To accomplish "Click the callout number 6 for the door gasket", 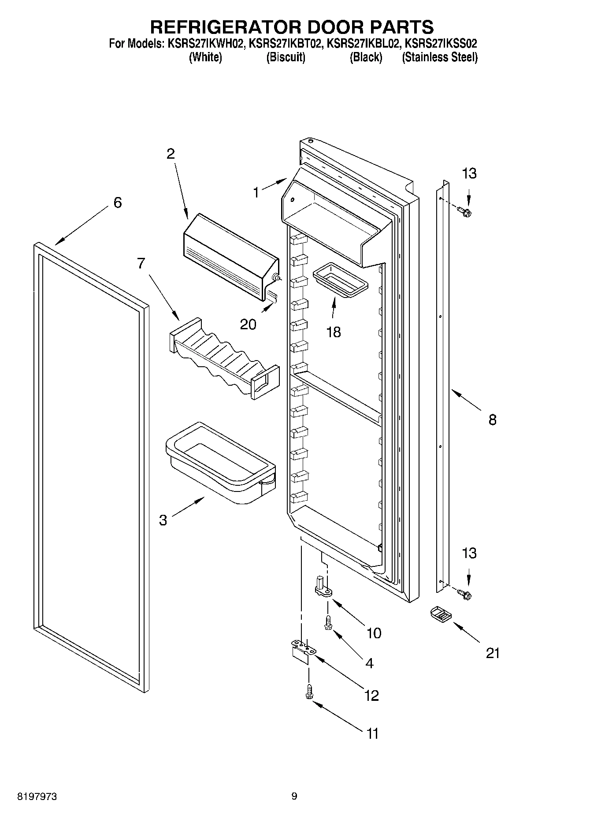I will pos(117,203).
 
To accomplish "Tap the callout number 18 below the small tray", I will pos(334,332).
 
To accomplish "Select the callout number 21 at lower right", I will pos(493,653).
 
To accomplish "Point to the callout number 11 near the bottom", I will pos(372,733).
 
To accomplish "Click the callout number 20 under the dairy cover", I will pos(248,324).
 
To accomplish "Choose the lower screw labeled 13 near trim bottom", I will pos(464,595).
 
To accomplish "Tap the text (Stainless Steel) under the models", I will pos(439,57).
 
